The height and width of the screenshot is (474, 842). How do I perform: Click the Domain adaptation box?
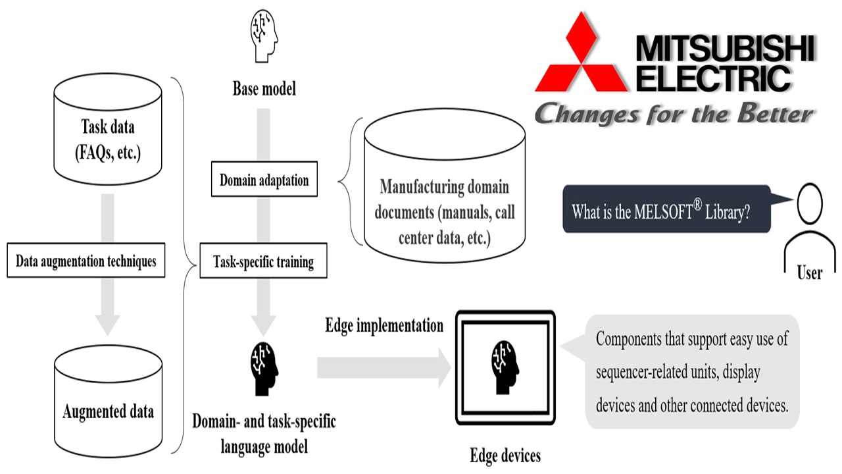coord(264,180)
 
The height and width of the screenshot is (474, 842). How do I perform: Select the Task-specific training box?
coord(264,261)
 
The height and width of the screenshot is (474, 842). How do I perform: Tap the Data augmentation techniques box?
coord(86,261)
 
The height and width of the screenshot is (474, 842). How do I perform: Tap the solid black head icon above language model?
coord(264,369)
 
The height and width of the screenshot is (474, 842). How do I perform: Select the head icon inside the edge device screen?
coord(506,365)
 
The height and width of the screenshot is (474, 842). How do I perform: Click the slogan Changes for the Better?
coord(674,113)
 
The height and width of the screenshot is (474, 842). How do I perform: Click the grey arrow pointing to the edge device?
coord(382,367)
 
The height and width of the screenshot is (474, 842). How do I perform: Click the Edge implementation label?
coord(384,325)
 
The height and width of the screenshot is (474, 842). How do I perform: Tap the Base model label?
coord(264,88)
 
